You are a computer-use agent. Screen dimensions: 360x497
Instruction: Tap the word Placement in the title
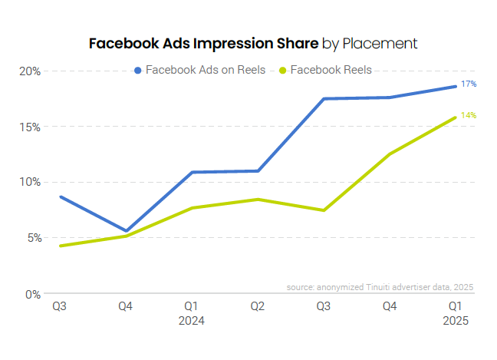(380, 43)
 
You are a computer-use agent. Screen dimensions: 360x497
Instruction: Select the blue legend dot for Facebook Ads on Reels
(138, 70)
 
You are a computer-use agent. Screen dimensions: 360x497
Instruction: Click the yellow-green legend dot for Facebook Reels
(283, 70)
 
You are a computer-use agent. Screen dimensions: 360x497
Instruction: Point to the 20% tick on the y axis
(30, 71)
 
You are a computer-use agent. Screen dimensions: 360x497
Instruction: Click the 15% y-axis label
(30, 127)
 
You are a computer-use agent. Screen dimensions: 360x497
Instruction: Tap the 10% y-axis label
(30, 182)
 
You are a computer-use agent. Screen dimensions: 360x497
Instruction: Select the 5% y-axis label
(32, 238)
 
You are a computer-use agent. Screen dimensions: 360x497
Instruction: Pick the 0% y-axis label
(32, 294)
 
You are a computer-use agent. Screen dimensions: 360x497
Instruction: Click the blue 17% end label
(469, 84)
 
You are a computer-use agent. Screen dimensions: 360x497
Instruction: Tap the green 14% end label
(469, 115)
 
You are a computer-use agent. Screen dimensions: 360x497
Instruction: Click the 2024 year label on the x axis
(192, 321)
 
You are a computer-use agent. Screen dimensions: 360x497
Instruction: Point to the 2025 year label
(456, 321)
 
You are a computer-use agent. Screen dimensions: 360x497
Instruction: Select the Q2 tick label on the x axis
(258, 307)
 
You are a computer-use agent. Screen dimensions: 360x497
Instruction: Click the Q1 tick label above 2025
(456, 307)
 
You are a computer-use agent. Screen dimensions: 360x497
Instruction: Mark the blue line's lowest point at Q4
(126, 231)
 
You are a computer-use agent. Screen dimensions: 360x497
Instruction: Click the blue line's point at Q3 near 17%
(324, 99)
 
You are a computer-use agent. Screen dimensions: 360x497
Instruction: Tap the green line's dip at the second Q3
(324, 210)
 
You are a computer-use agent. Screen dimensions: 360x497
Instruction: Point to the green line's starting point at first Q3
(60, 246)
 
